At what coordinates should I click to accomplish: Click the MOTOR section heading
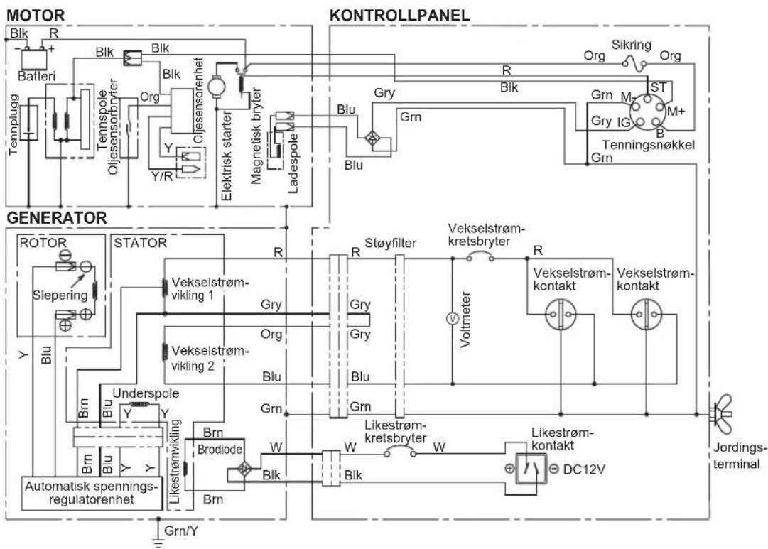(36, 15)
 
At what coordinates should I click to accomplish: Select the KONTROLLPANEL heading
(399, 15)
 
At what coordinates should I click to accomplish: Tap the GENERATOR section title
(56, 218)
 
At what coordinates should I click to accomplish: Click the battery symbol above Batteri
(34, 58)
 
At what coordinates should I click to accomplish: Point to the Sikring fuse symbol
(634, 63)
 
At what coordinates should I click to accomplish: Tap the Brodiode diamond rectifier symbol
(244, 469)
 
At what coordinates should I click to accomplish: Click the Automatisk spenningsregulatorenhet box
(92, 493)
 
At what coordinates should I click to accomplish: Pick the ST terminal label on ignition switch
(659, 87)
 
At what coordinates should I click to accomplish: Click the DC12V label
(584, 469)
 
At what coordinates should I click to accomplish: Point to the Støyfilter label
(390, 244)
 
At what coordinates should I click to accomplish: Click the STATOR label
(140, 243)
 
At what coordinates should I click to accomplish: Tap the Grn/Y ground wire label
(180, 531)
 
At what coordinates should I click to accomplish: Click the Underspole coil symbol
(139, 405)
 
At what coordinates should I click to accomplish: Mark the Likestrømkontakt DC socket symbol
(531, 469)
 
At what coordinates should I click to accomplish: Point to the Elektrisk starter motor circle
(215, 87)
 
